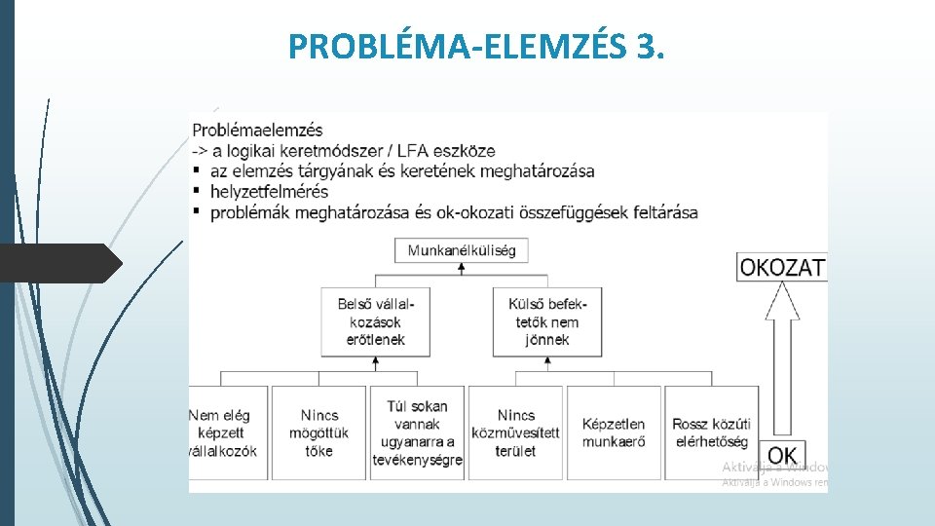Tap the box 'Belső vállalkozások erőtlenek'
[375, 321]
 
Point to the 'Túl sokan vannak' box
[417, 432]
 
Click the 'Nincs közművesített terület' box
[516, 432]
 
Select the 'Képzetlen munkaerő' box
[614, 432]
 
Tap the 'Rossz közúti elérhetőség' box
[712, 432]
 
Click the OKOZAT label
[782, 267]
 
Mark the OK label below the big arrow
[782, 455]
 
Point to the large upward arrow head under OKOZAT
[782, 302]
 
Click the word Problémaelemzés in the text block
[258, 130]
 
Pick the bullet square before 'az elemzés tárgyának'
[198, 171]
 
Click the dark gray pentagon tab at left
[58, 263]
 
